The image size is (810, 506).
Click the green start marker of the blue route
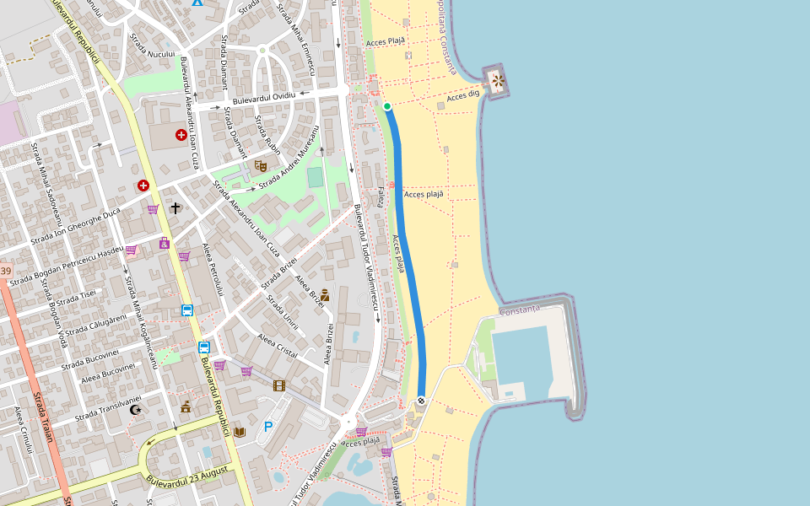click(387, 106)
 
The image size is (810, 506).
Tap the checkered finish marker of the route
click(420, 401)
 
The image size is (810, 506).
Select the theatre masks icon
click(260, 166)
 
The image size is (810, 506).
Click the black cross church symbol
click(175, 207)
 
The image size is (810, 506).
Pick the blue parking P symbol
click(268, 427)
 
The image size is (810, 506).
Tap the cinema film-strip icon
click(278, 385)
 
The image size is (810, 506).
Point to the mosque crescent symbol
click(136, 410)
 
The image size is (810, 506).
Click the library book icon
click(240, 432)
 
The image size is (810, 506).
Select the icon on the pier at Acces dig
click(498, 81)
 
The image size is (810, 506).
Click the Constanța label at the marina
click(519, 310)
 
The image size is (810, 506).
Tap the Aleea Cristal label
click(278, 346)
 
